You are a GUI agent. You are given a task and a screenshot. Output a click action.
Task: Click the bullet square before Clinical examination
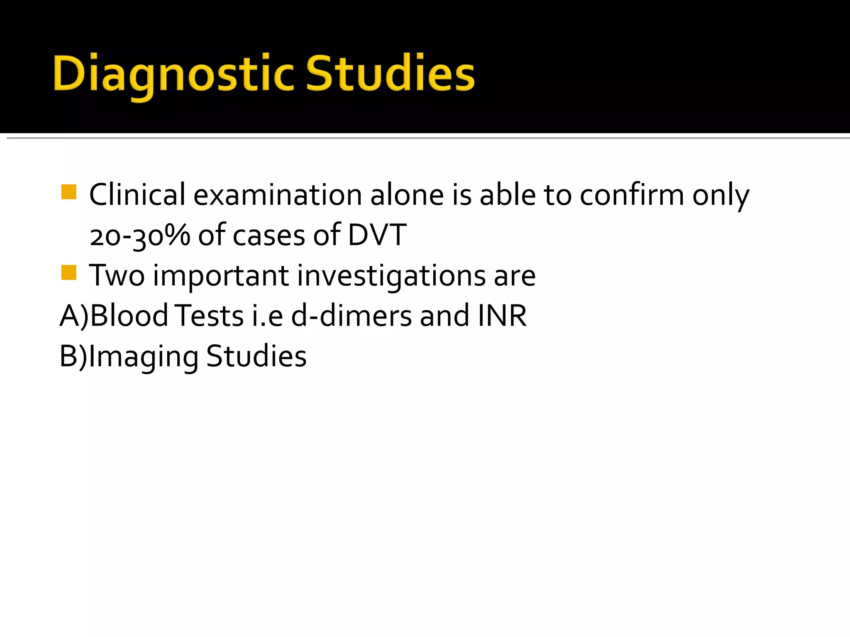pyautogui.click(x=68, y=192)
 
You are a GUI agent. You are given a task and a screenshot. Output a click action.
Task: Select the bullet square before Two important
pyautogui.click(x=68, y=273)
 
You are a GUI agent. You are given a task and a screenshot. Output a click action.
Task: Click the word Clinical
pyautogui.click(x=137, y=195)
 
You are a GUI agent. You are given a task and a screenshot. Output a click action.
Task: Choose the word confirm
pyautogui.click(x=631, y=195)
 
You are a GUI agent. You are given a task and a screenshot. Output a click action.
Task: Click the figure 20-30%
pyautogui.click(x=139, y=236)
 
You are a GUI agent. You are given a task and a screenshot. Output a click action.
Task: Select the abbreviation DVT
pyautogui.click(x=377, y=235)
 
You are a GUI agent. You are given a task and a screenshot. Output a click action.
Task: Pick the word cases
pyautogui.click(x=269, y=236)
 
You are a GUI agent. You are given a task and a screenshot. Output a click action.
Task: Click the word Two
pyautogui.click(x=117, y=275)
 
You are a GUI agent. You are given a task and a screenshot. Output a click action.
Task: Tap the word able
pyautogui.click(x=508, y=195)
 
